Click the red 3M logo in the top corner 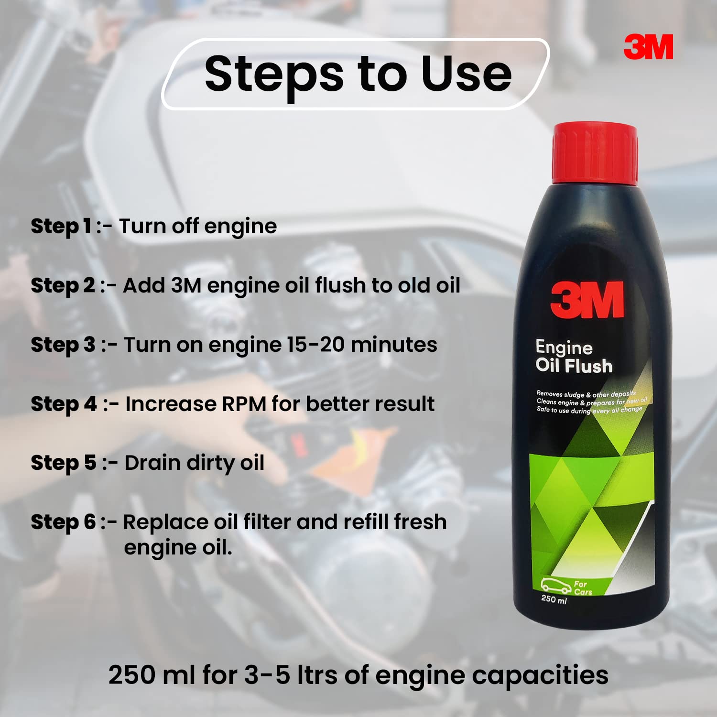coord(648,47)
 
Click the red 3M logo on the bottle coord(587,300)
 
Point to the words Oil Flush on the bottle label coord(574,366)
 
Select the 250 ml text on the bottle coord(554,599)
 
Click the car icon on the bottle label coord(556,586)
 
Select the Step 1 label coord(61,226)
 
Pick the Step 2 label coord(63,285)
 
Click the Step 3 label coord(63,345)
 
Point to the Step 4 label coord(64,404)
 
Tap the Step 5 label coord(64,463)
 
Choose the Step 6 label coord(63,522)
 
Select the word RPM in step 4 coord(244,404)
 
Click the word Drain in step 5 coord(152,463)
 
